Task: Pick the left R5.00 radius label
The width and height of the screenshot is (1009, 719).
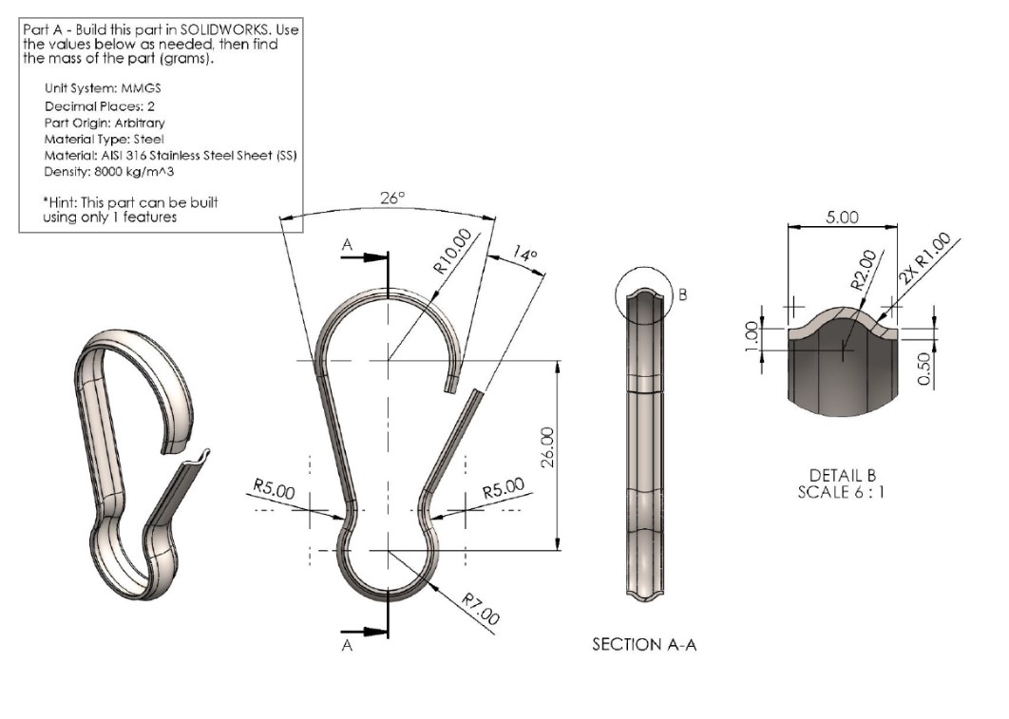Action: click(274, 491)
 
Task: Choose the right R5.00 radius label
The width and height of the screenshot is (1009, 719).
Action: click(503, 490)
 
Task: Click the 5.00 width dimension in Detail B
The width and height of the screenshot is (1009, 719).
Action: click(842, 217)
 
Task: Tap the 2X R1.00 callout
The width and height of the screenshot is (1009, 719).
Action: click(925, 256)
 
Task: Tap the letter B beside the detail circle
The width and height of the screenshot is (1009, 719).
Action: click(681, 294)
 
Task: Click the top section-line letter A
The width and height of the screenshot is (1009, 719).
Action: click(347, 245)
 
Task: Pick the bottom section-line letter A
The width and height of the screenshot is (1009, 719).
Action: click(348, 646)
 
